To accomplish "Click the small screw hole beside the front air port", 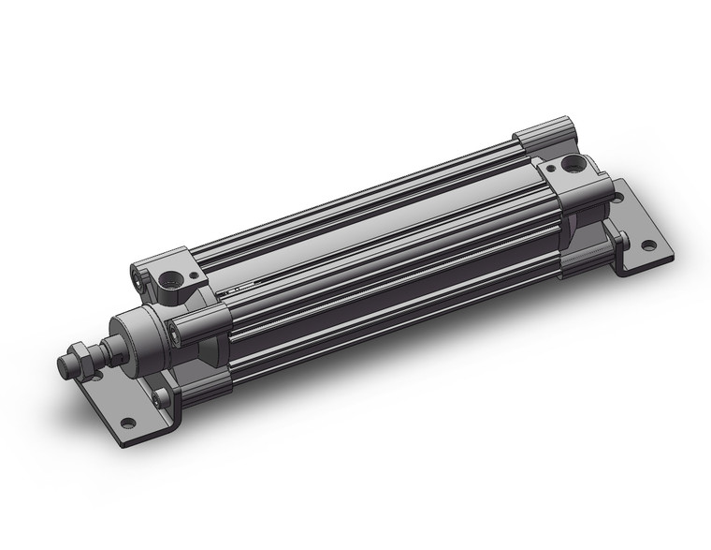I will (195, 277).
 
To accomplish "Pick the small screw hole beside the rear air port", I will (550, 168).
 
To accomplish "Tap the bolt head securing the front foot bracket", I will (163, 397).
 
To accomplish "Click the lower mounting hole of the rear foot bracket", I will (646, 246).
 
